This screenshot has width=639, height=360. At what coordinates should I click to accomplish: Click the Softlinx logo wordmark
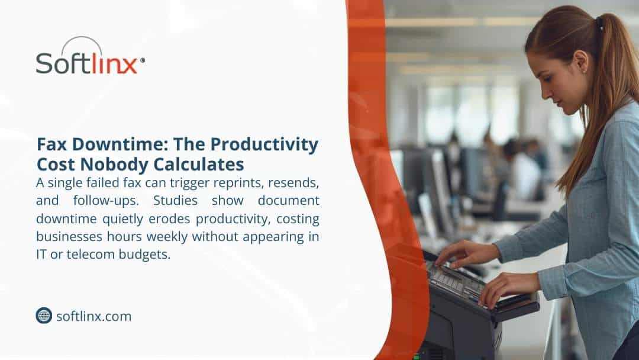[x=86, y=62]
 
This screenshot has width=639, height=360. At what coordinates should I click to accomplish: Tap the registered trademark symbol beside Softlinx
[x=142, y=60]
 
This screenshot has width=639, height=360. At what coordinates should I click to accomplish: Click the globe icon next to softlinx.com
[x=44, y=316]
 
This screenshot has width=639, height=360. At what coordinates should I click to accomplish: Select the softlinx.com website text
[x=93, y=316]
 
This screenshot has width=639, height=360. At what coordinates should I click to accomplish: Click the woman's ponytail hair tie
[x=600, y=25]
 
